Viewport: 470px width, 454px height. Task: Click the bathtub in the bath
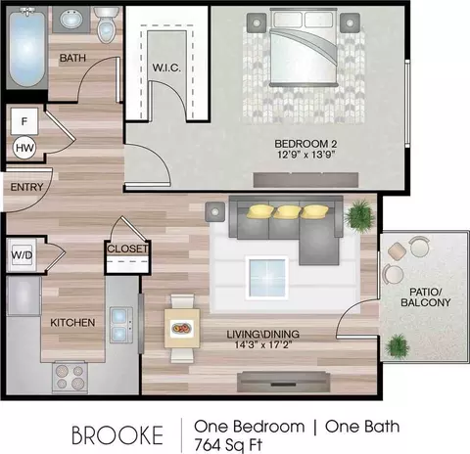tap(26, 48)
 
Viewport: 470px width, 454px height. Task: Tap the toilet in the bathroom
tap(105, 24)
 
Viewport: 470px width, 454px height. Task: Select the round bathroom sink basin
tap(71, 20)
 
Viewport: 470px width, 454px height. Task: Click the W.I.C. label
tap(166, 68)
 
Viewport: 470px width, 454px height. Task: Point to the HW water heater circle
tap(24, 148)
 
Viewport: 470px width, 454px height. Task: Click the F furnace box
tap(24, 121)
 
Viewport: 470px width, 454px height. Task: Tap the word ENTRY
tap(26, 187)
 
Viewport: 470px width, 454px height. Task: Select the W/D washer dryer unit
tap(22, 255)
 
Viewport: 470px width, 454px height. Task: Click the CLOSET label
tap(127, 249)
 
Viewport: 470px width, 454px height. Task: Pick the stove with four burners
tap(70, 377)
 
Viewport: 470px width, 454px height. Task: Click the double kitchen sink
tap(120, 325)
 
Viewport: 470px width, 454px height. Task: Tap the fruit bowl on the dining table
tap(182, 328)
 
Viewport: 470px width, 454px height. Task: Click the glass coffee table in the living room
tap(267, 278)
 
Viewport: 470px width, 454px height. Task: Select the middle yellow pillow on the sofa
tap(287, 211)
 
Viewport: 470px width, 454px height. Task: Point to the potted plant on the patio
tap(397, 346)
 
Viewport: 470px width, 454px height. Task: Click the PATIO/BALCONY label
tap(426, 296)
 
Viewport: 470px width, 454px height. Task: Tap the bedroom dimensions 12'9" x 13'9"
tap(306, 155)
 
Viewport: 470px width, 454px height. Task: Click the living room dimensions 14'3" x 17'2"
tap(262, 344)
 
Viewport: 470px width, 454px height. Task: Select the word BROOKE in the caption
tap(117, 435)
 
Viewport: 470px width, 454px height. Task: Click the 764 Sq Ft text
tap(228, 444)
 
